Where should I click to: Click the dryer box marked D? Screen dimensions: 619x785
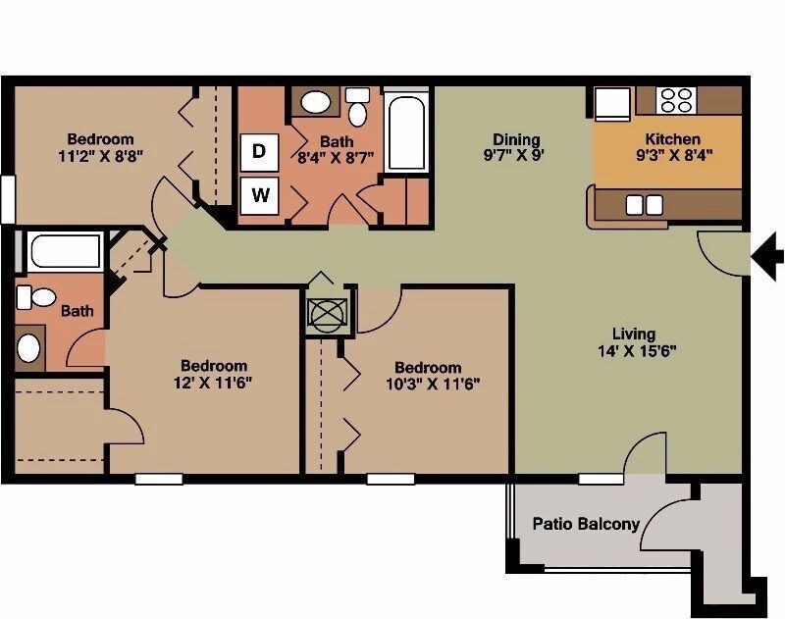(259, 151)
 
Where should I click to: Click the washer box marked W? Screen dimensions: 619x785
(259, 194)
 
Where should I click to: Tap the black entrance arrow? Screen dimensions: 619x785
(767, 256)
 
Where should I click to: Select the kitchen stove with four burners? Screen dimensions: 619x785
(675, 99)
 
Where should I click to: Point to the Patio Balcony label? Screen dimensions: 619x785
(586, 524)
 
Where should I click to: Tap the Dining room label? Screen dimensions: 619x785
(516, 140)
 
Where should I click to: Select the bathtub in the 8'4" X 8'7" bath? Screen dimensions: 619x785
(405, 132)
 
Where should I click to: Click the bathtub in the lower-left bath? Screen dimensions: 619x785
(65, 253)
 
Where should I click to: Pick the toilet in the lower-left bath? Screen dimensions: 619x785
(37, 296)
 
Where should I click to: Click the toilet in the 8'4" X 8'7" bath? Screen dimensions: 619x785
(357, 107)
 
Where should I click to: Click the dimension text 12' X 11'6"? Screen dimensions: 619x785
(213, 384)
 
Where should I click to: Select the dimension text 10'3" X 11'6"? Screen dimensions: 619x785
(434, 384)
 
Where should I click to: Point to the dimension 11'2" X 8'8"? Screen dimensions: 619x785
(100, 155)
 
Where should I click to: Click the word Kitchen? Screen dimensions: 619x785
(672, 139)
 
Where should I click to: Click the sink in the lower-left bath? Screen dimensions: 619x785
(30, 347)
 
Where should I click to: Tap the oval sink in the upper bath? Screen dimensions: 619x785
(315, 101)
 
